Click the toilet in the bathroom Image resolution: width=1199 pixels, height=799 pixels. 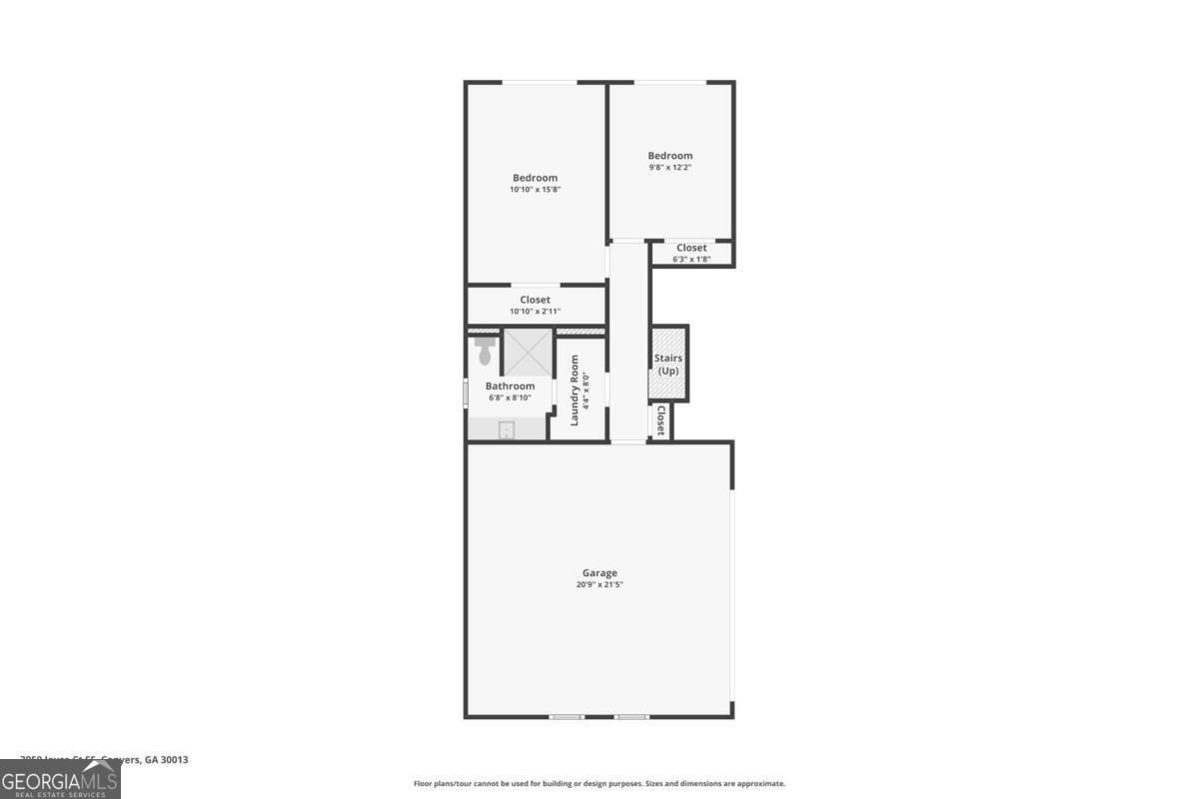486,352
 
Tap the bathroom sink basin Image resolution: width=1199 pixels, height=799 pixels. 507,430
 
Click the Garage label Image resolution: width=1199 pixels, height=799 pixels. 599,573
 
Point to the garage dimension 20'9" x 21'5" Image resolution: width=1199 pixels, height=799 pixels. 599,585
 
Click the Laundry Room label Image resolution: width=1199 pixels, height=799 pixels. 575,391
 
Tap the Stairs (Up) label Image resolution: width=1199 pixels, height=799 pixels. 668,365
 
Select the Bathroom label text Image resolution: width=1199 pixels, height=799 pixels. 510,387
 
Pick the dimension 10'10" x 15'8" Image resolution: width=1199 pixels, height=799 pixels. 535,190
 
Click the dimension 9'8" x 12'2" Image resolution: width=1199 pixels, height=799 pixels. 669,168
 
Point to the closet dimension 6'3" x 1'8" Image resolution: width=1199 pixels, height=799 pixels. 691,260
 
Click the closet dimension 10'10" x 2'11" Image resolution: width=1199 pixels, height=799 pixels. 535,312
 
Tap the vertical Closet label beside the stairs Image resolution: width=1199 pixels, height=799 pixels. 660,420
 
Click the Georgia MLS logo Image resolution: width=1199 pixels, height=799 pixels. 60,780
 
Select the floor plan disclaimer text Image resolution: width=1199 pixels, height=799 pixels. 599,784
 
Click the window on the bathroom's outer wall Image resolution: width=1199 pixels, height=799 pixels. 466,392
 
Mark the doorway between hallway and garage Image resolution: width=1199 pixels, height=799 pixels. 628,441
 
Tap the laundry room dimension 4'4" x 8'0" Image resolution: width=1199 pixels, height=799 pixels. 587,391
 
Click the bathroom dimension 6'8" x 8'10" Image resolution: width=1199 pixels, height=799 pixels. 510,398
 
